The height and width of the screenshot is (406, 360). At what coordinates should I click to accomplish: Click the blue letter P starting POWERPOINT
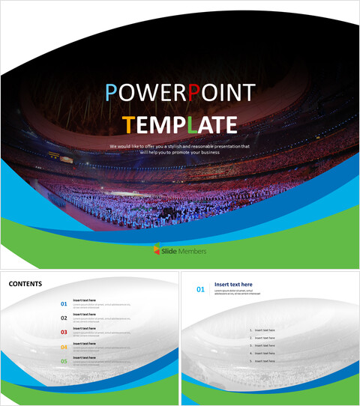(x=111, y=93)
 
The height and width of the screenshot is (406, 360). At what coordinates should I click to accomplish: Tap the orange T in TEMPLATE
(x=128, y=124)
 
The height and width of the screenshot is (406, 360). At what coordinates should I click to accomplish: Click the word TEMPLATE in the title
(x=179, y=124)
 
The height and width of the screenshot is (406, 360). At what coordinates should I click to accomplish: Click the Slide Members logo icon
(x=156, y=250)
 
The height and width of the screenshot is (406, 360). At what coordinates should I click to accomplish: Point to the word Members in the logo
(x=192, y=251)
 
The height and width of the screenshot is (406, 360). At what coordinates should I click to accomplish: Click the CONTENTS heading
(x=25, y=284)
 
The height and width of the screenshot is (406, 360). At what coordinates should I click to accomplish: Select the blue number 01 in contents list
(x=64, y=304)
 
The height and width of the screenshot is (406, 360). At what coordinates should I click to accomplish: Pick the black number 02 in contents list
(x=64, y=318)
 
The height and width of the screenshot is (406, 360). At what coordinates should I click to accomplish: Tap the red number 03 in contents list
(x=64, y=333)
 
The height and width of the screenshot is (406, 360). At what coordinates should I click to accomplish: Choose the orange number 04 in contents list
(x=64, y=347)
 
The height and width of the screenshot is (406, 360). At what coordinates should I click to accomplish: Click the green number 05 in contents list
(x=64, y=361)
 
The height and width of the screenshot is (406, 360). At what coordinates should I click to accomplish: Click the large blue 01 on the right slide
(x=199, y=288)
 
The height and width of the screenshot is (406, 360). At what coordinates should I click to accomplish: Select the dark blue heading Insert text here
(x=233, y=285)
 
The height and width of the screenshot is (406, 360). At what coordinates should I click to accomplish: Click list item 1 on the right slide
(x=262, y=330)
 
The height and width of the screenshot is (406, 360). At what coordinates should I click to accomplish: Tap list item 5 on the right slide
(x=262, y=361)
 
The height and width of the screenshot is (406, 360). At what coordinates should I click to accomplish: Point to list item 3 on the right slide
(x=262, y=345)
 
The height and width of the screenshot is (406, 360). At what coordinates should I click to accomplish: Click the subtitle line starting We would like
(x=179, y=146)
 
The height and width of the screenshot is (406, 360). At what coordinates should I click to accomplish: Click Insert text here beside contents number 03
(x=84, y=329)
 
